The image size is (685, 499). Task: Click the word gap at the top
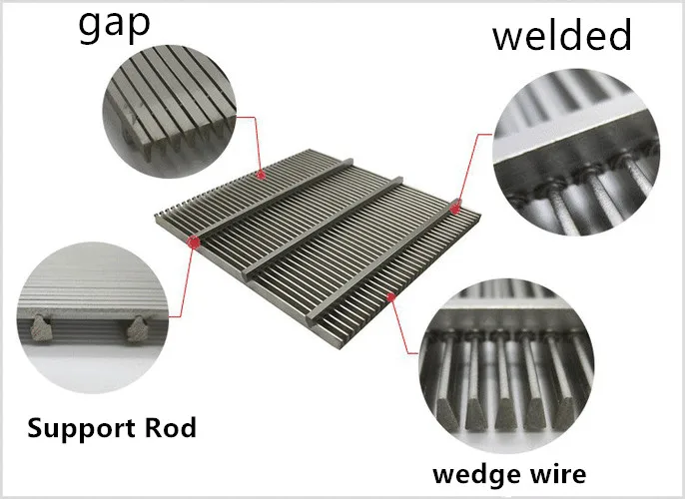tap(115, 27)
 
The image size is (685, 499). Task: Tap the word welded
tap(562, 35)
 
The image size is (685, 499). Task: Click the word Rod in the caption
tap(171, 428)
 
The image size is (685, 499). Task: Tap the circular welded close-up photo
tap(576, 152)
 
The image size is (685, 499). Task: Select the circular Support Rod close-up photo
tap(93, 317)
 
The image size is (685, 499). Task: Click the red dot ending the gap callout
tap(261, 175)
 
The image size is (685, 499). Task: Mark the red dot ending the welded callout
tap(455, 210)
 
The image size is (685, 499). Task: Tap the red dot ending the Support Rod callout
tap(194, 242)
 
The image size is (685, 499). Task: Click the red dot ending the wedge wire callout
tap(391, 296)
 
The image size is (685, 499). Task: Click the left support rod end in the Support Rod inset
tap(41, 328)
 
